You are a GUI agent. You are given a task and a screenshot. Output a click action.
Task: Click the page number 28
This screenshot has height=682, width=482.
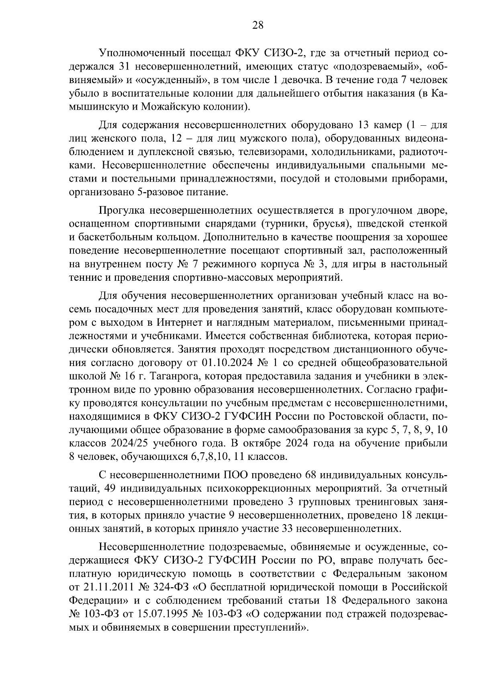point(257,25)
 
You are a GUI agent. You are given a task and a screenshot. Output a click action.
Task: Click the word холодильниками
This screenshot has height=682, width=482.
point(344,152)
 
